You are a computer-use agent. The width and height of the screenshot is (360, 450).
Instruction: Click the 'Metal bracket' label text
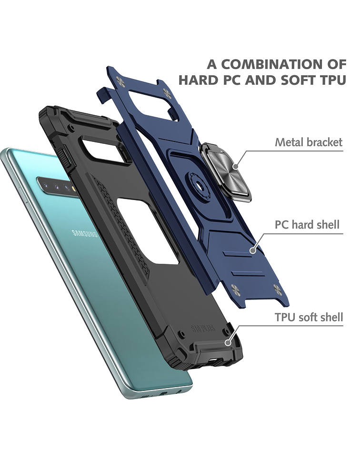click(309, 142)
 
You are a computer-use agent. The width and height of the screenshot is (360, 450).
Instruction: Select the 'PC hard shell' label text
click(307, 224)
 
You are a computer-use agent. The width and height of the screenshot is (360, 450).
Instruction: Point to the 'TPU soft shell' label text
click(309, 317)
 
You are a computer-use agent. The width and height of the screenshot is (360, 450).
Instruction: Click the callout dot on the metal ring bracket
click(236, 166)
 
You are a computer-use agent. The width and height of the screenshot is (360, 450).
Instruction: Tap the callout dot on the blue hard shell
click(253, 250)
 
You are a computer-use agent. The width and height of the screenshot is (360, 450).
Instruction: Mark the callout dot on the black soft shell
click(228, 342)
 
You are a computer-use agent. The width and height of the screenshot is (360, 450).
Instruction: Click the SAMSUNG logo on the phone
click(85, 233)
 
